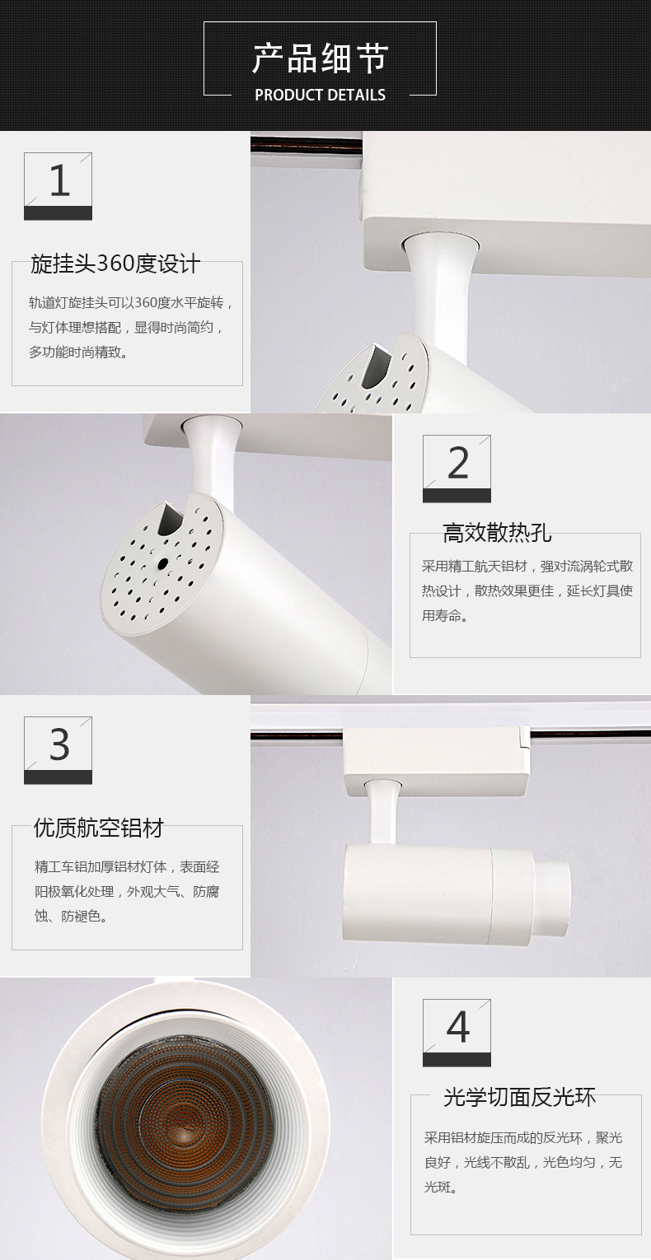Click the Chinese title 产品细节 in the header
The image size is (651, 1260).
pos(320,58)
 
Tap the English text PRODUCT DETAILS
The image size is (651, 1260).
pos(320,95)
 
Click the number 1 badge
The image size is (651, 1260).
pos(58,186)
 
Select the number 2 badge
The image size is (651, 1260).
pos(457,469)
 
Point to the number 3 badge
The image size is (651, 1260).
pos(58,750)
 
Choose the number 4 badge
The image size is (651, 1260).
pos(457,1034)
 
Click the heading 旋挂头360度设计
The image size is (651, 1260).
pos(115,264)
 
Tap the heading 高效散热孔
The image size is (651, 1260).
pos(497,533)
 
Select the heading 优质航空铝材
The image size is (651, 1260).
pos(98,828)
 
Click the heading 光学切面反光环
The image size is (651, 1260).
pos(519,1097)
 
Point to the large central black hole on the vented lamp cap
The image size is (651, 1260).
pos(163,563)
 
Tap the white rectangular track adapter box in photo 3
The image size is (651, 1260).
pos(437,762)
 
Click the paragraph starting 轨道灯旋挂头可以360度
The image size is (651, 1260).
pos(130,328)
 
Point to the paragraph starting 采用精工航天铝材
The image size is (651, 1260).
pos(527,590)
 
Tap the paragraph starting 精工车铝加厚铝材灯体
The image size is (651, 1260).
pos(127,892)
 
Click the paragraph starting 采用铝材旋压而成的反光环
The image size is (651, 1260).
pos(523,1163)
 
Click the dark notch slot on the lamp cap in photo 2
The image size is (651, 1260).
pos(170,519)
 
